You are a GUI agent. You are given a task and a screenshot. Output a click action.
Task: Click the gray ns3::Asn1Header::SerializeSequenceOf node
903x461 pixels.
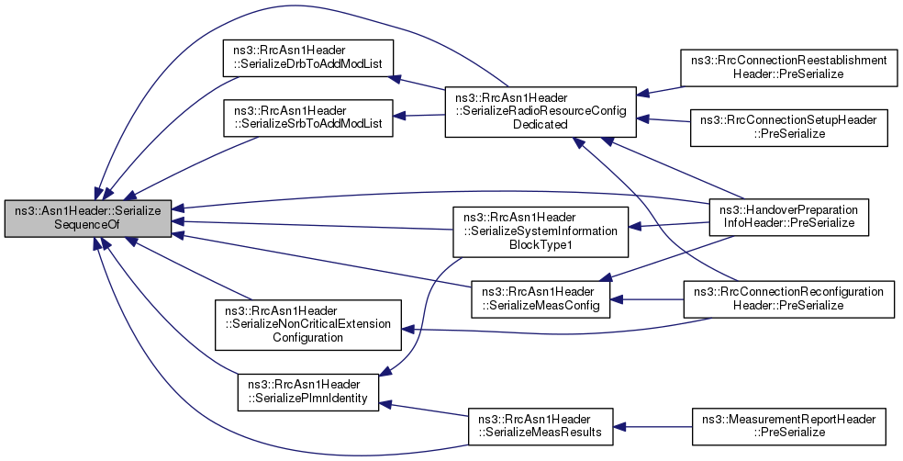click(x=88, y=219)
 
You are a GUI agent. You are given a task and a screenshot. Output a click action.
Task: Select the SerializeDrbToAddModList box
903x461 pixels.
click(x=308, y=58)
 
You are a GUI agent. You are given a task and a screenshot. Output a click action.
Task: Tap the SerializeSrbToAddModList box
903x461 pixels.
click(x=308, y=118)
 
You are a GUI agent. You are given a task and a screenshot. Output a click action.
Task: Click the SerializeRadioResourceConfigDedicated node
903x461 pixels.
click(x=541, y=112)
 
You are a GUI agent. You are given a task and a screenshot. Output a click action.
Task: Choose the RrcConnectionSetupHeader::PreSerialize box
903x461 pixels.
click(x=788, y=128)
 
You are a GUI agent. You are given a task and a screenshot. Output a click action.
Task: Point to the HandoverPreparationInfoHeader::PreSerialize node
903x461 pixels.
click(x=788, y=217)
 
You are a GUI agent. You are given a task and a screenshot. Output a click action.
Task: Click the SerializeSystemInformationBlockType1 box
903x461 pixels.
click(x=541, y=231)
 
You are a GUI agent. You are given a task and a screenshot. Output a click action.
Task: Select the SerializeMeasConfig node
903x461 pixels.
click(x=541, y=299)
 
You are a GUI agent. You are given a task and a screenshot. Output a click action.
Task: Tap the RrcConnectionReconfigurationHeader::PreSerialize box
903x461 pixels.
click(x=788, y=299)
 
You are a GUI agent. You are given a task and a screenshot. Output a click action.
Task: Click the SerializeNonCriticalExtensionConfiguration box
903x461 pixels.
click(x=308, y=324)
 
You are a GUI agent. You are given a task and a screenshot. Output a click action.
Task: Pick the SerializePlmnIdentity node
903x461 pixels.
click(x=308, y=392)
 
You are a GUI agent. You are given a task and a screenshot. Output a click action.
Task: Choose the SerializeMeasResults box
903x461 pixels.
click(x=541, y=426)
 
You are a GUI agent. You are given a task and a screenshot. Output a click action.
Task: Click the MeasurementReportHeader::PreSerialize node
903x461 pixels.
click(x=788, y=426)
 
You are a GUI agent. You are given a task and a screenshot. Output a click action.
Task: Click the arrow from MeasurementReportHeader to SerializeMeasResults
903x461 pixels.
click(x=652, y=426)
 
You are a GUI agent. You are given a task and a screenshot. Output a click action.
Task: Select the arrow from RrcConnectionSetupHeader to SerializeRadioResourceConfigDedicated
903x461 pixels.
click(x=663, y=120)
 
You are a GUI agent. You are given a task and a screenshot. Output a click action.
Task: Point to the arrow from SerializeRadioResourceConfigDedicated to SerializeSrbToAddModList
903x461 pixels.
click(x=418, y=116)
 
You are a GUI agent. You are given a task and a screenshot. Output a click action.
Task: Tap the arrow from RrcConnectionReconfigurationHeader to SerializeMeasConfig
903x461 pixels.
click(x=647, y=299)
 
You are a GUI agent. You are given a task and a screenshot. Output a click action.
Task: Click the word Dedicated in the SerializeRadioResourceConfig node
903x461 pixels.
click(x=541, y=125)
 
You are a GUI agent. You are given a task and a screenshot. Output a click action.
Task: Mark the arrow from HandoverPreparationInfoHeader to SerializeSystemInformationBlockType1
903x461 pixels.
click(x=669, y=225)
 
